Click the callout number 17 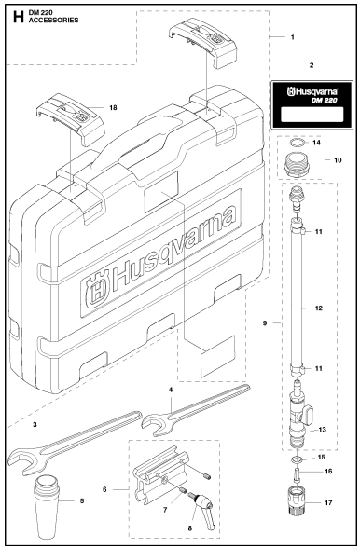325,511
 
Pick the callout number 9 267,323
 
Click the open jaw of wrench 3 20,456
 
